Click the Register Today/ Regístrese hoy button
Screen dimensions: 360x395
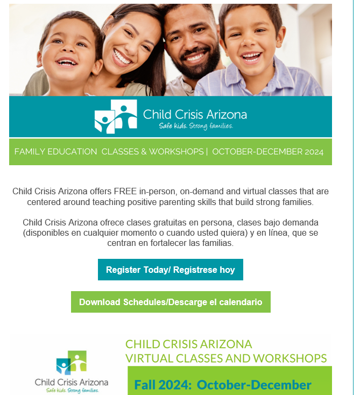170,270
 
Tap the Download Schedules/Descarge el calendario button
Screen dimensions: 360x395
171,302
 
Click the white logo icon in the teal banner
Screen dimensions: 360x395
116,116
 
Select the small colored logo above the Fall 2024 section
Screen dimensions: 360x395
72,363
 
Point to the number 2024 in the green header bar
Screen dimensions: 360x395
314,152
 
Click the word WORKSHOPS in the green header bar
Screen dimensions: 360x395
177,151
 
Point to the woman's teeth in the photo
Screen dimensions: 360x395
122,57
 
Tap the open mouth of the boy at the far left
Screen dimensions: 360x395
66,62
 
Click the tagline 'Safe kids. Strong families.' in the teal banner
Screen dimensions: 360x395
196,126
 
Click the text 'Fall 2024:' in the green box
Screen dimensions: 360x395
163,385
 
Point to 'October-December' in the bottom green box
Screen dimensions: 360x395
254,385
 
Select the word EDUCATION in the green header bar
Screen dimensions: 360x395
72,151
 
